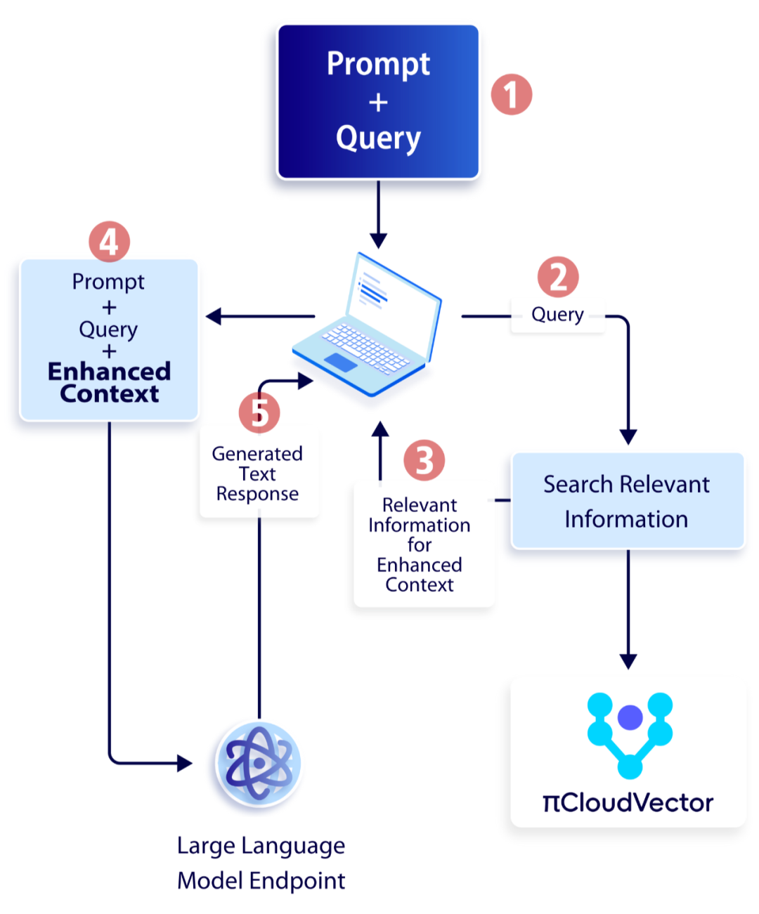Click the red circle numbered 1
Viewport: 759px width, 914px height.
pyautogui.click(x=511, y=95)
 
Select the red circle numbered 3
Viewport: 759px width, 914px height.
pyautogui.click(x=424, y=460)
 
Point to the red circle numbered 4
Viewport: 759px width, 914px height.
pyautogui.click(x=109, y=241)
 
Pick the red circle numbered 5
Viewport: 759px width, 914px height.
pyautogui.click(x=259, y=412)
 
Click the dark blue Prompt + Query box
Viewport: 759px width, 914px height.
pyautogui.click(x=378, y=102)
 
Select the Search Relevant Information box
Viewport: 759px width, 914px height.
pyautogui.click(x=627, y=500)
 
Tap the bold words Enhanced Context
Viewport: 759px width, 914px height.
pyautogui.click(x=109, y=382)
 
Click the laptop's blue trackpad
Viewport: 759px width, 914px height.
pyautogui.click(x=341, y=362)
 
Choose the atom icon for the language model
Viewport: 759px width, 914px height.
pyautogui.click(x=259, y=764)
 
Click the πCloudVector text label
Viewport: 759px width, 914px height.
pyautogui.click(x=628, y=802)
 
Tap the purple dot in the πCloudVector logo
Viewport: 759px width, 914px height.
pyautogui.click(x=630, y=717)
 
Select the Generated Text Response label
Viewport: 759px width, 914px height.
pyautogui.click(x=257, y=474)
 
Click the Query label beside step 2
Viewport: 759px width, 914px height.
pyautogui.click(x=557, y=314)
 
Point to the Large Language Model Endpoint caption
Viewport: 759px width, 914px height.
pyautogui.click(x=261, y=862)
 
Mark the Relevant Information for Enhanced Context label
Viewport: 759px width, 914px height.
pyautogui.click(x=419, y=544)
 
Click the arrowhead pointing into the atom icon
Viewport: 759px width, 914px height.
pyautogui.click(x=184, y=763)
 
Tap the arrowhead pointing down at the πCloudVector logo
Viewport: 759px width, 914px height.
pyautogui.click(x=628, y=661)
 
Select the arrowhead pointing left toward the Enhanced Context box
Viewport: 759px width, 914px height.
pyautogui.click(x=213, y=316)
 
